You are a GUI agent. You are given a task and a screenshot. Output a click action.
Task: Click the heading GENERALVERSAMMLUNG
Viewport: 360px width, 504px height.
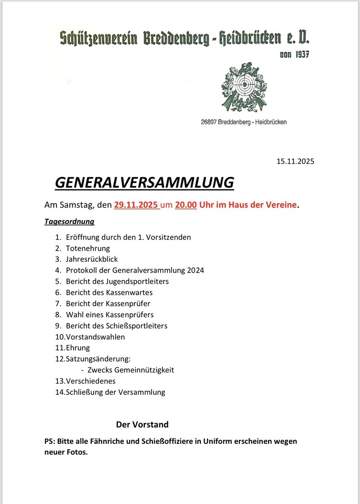(144, 182)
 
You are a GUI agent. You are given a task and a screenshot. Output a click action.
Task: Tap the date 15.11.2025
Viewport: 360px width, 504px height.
(295, 162)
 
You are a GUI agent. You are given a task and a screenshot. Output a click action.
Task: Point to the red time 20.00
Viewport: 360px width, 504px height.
(186, 204)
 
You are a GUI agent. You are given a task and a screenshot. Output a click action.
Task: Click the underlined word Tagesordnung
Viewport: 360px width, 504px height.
(69, 222)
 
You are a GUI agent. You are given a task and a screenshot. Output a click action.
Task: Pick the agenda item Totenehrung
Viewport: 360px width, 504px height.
(88, 248)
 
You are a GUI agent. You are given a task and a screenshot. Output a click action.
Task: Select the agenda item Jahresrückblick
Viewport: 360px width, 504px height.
(92, 259)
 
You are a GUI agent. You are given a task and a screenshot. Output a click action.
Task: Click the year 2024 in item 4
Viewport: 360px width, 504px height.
(195, 270)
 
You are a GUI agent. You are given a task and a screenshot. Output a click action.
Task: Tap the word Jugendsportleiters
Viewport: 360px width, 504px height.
(138, 281)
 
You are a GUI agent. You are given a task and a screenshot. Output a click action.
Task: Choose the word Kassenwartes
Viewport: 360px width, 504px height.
(129, 293)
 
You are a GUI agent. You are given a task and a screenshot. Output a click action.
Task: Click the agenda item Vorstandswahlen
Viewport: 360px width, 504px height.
(95, 336)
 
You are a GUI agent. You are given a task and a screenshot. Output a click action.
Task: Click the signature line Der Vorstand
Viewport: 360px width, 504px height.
(142, 425)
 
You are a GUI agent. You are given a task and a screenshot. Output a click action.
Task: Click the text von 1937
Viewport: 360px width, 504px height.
(294, 54)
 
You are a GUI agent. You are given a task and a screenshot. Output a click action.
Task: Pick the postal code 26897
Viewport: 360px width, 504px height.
(210, 122)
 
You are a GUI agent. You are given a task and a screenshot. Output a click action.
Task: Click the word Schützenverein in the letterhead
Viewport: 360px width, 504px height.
(98, 39)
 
